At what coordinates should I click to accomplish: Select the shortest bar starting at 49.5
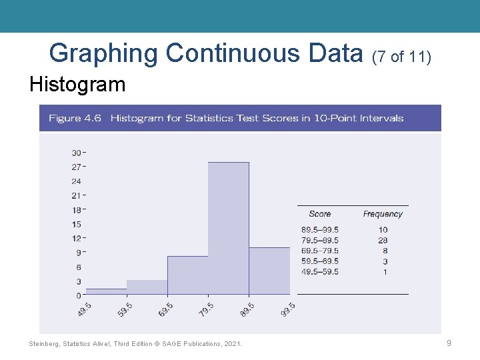[106, 291]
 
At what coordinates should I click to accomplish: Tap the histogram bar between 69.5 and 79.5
[187, 275]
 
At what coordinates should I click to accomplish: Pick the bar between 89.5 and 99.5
[269, 271]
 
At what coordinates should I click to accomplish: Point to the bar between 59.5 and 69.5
[147, 287]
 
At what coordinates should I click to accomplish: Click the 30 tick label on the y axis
[76, 153]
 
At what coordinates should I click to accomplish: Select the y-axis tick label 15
[76, 224]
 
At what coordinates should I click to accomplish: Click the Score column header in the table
[320, 214]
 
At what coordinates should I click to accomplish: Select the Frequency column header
[383, 214]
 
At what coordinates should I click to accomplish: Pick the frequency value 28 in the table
[383, 240]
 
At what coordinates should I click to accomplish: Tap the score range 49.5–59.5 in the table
[320, 272]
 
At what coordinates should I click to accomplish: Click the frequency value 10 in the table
[383, 230]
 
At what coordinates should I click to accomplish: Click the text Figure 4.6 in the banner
[75, 118]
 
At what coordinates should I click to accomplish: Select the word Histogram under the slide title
[77, 85]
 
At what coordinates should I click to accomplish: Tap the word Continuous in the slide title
[263, 53]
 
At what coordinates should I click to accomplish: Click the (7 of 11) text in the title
[402, 57]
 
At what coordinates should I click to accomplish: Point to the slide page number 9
[449, 343]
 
